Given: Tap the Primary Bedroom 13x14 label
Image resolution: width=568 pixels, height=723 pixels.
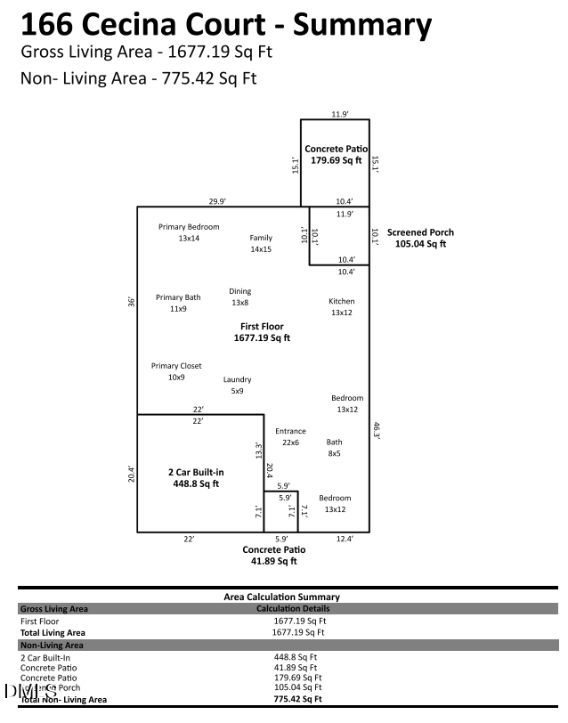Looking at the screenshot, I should tap(189, 232).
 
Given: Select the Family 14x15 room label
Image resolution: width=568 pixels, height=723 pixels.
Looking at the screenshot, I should tap(261, 243).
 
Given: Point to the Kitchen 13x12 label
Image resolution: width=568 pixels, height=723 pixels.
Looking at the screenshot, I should tap(342, 307).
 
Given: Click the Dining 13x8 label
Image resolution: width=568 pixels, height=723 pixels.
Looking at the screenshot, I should tap(240, 297).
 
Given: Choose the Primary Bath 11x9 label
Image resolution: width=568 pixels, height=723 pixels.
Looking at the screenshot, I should tap(178, 303).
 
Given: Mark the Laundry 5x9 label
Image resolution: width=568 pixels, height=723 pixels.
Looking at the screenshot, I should tap(237, 385).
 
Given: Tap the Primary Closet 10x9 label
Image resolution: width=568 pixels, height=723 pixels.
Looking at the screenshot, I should tap(176, 371).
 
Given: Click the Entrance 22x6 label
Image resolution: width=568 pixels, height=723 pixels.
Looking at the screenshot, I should tap(290, 436).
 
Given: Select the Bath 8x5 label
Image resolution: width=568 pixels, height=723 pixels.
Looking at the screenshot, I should tap(334, 447).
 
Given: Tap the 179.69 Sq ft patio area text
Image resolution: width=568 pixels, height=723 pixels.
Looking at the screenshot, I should tap(336, 161).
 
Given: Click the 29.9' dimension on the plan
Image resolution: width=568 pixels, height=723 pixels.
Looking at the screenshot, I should tap(217, 201).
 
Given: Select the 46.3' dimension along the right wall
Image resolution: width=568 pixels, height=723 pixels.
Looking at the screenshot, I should tap(377, 430).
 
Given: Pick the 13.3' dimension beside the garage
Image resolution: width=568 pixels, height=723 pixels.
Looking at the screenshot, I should tap(258, 451).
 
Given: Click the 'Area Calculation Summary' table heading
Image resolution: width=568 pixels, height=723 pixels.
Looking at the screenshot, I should tap(280, 597).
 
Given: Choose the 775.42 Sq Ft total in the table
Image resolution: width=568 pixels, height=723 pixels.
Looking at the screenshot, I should tap(299, 699).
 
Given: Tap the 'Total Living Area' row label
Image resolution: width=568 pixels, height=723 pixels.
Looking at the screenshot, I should tap(53, 632).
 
